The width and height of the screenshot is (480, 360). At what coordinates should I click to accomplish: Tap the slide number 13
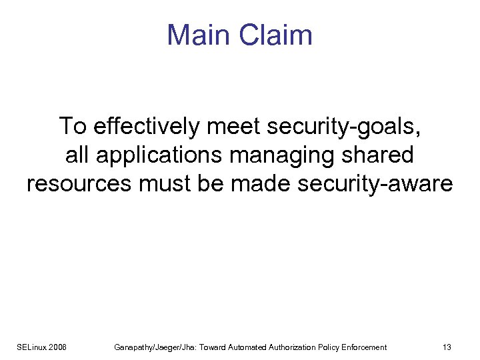pyautogui.click(x=447, y=347)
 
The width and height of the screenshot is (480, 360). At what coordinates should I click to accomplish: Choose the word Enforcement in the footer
pyautogui.click(x=364, y=347)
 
